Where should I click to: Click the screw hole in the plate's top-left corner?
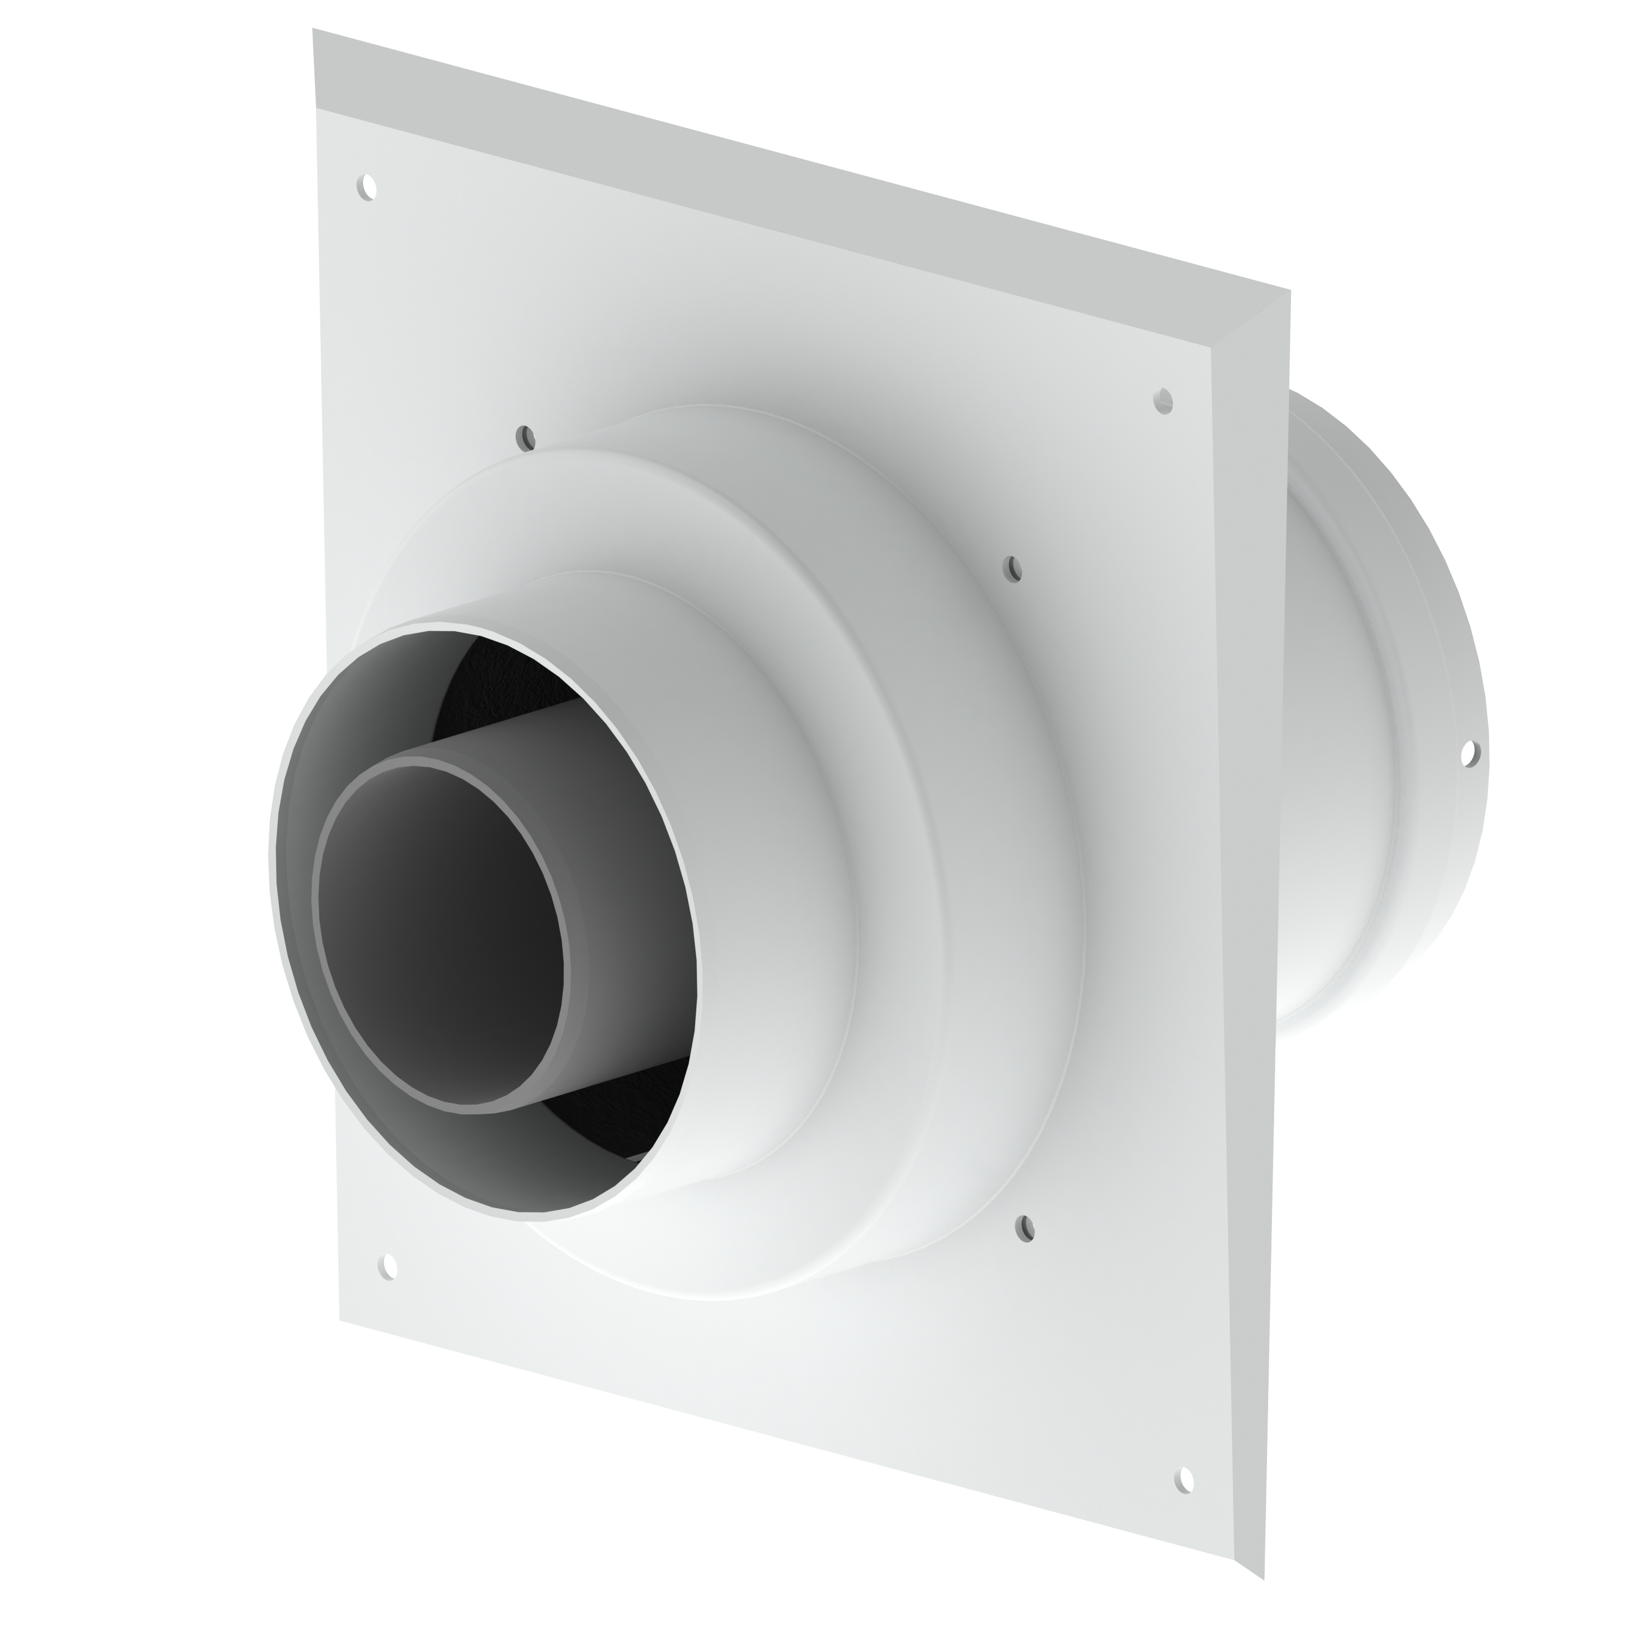367,187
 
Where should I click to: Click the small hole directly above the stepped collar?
527,439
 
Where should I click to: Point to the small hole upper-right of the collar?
1013,569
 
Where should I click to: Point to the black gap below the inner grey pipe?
610,1102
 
